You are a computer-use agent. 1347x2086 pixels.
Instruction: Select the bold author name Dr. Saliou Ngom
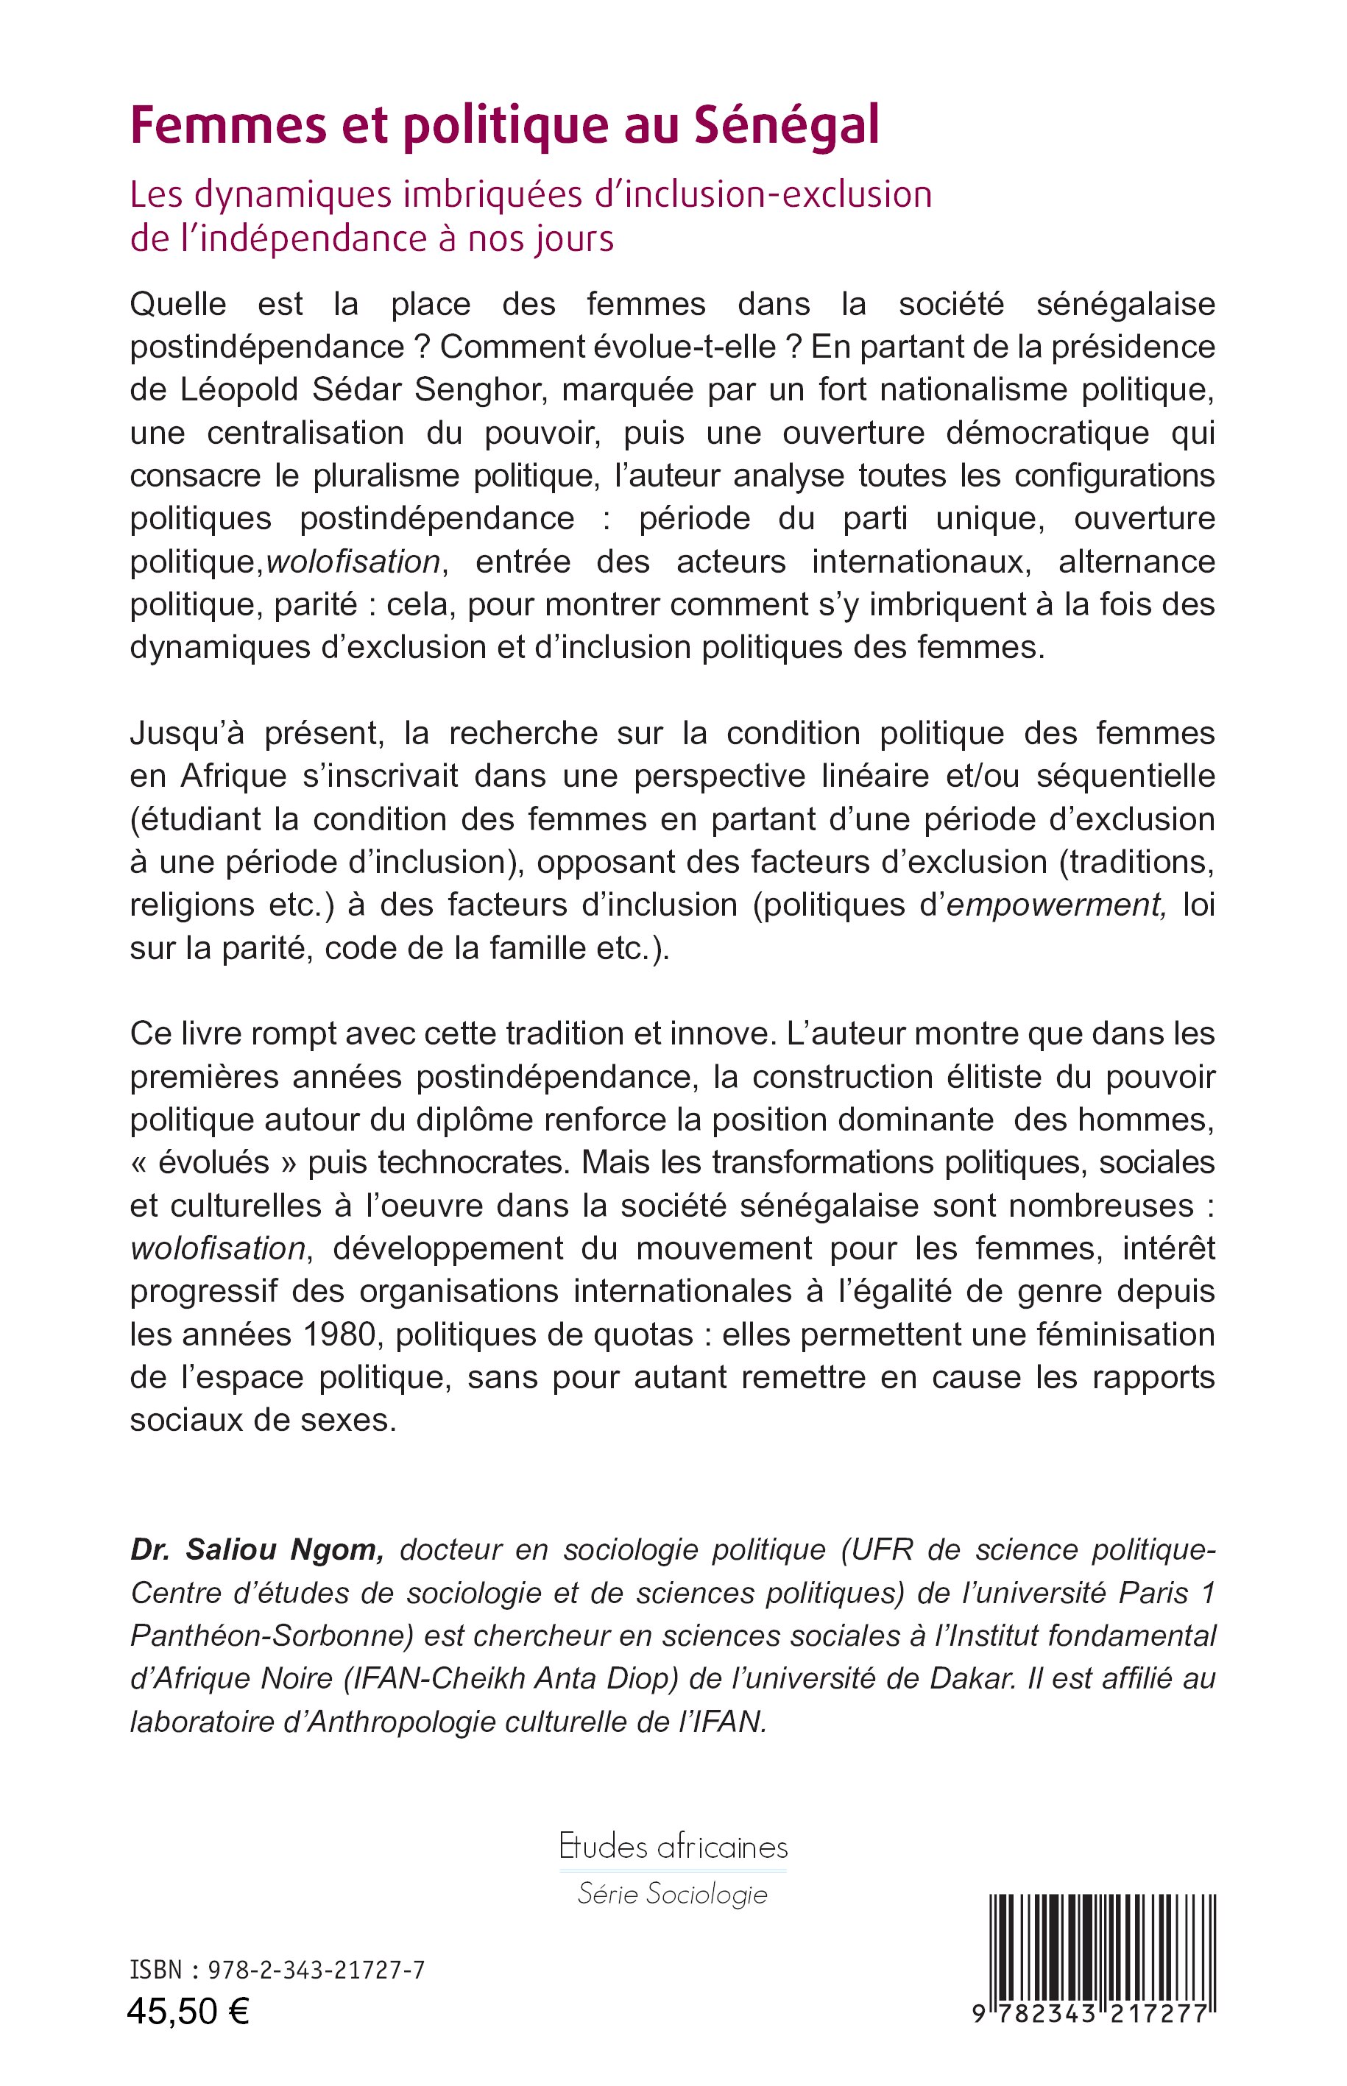256,1549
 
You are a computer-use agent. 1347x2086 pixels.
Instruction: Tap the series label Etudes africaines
673,1848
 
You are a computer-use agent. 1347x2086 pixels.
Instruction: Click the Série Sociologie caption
673,1895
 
